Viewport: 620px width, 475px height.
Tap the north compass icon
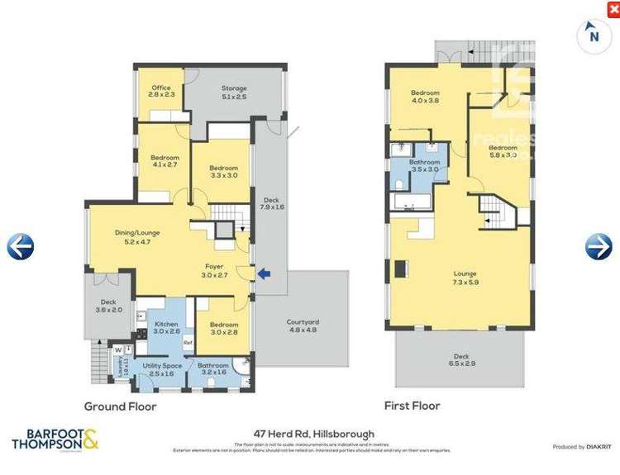pyautogui.click(x=592, y=35)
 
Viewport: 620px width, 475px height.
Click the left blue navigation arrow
pyautogui.click(x=21, y=246)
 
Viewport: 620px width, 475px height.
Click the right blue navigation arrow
pyautogui.click(x=599, y=246)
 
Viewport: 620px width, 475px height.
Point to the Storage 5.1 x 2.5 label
pyautogui.click(x=234, y=93)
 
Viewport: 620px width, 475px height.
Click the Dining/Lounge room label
pyautogui.click(x=137, y=237)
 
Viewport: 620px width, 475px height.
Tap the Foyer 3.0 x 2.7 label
pyautogui.click(x=215, y=270)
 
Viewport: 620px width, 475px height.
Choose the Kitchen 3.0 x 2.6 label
pyautogui.click(x=166, y=328)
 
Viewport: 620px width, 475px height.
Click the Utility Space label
pyautogui.click(x=162, y=368)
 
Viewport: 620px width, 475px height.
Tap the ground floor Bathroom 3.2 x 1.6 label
pyautogui.click(x=213, y=368)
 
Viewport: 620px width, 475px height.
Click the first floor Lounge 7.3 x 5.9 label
pyautogui.click(x=466, y=278)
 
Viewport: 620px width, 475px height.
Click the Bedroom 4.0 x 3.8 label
pyautogui.click(x=425, y=97)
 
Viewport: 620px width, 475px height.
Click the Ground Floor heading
pyautogui.click(x=120, y=406)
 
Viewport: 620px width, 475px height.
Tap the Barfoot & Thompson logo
pyautogui.click(x=55, y=439)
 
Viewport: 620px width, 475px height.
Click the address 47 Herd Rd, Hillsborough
pyautogui.click(x=314, y=434)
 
